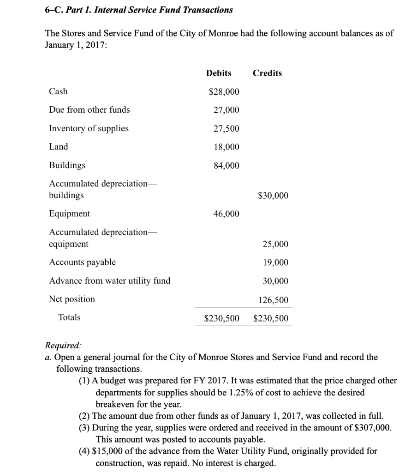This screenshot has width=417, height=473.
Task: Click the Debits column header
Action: point(219,73)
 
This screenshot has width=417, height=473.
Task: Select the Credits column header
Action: point(268,73)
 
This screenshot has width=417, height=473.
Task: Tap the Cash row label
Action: point(58,91)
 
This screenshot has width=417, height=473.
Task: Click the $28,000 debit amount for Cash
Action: point(224,91)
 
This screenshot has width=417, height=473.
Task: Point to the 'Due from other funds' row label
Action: point(89,110)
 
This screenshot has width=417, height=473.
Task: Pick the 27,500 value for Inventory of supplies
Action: point(226,128)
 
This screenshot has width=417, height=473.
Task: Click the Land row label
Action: point(59,147)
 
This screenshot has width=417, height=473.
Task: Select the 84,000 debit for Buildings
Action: point(226,165)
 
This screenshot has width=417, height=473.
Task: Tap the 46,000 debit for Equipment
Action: point(226,213)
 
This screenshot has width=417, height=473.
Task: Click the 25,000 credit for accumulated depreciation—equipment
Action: point(275,244)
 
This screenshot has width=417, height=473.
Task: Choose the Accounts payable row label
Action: point(83,262)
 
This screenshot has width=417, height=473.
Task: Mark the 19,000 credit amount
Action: point(275,262)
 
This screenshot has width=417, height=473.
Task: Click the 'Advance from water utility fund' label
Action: point(109,281)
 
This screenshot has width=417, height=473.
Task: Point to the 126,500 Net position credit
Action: point(274,300)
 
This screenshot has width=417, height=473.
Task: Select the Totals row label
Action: point(69,317)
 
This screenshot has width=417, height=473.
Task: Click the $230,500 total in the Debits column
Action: point(222,318)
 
